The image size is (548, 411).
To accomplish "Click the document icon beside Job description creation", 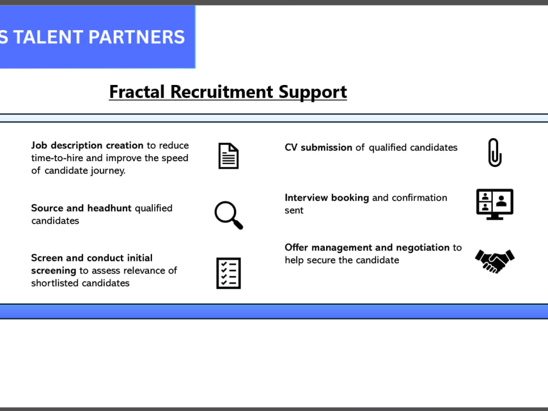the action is coord(229,156).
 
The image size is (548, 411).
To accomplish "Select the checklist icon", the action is coord(229,273).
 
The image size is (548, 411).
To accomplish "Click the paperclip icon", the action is coord(495,153).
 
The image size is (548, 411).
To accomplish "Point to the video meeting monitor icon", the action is coord(495,204).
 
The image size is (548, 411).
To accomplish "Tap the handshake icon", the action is coord(495,261).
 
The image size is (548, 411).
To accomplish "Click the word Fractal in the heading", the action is coord(137,92).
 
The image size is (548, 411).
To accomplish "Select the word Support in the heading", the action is coord(313,92).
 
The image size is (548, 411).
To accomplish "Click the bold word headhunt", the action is coord(110,208).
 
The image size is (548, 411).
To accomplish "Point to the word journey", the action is coord(108,171).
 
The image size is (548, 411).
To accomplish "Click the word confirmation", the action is coord(419,198).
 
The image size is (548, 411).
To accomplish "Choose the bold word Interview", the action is coord(306,198).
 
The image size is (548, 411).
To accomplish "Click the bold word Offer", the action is coord(296,248).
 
